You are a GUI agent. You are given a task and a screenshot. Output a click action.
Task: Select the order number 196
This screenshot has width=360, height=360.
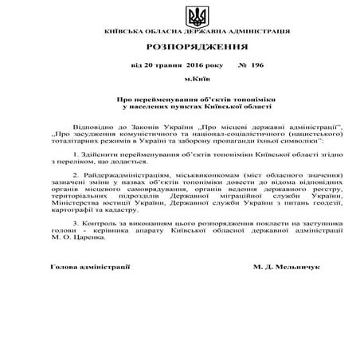coord(256,69)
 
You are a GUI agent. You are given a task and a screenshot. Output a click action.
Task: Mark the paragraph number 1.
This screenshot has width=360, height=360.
coord(74,153)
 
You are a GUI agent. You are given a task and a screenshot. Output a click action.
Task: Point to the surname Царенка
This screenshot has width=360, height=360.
coord(84,244)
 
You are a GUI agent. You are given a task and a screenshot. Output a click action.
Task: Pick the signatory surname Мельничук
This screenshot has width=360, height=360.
coord(297,268)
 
